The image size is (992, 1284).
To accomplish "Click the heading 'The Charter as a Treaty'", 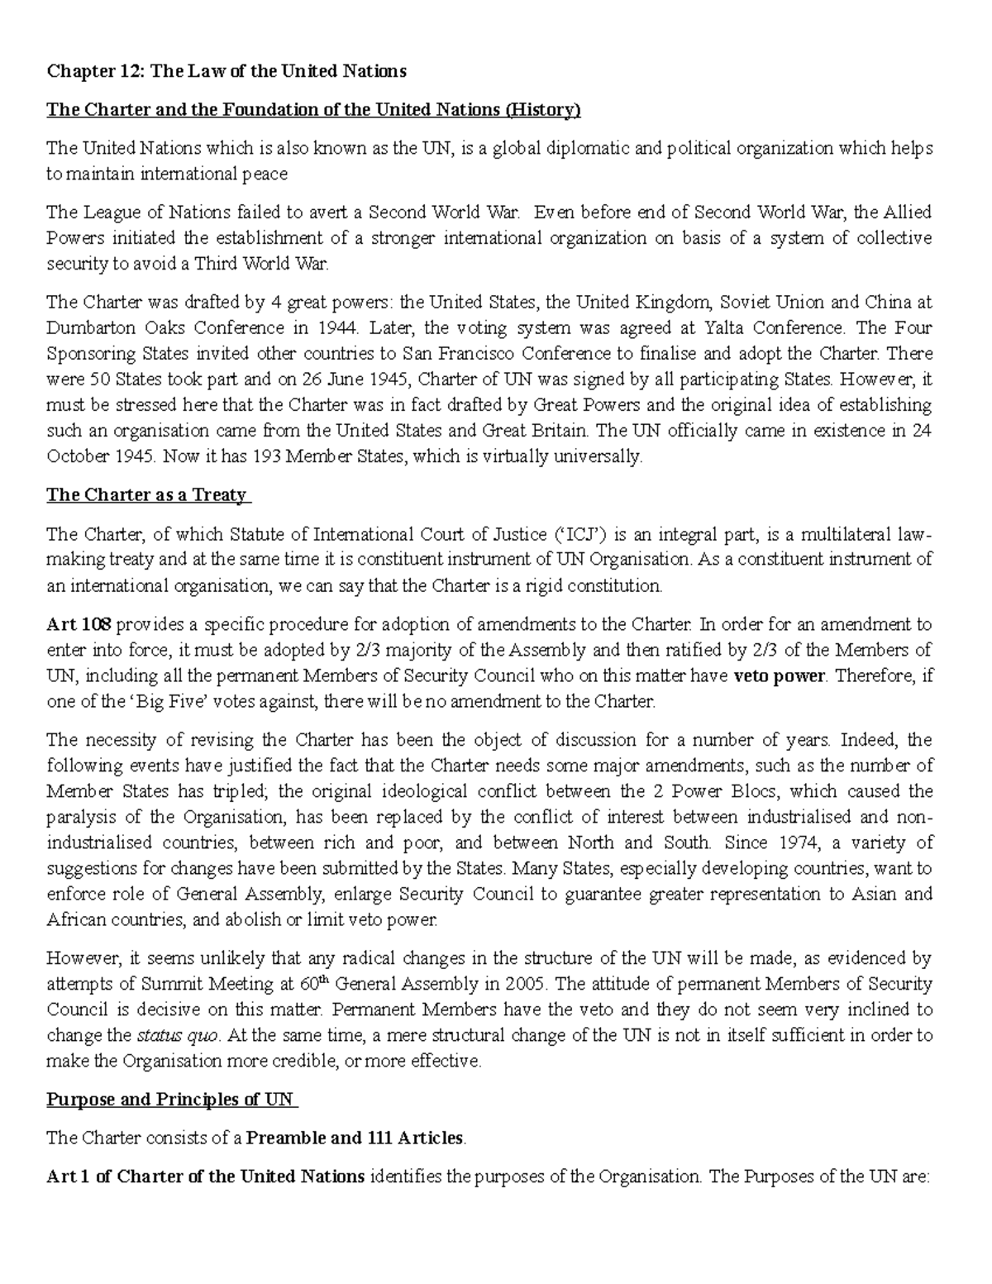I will point(147,495).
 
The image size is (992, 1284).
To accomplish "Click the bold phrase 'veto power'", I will point(780,675).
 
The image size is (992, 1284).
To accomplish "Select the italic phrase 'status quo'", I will point(166,1035).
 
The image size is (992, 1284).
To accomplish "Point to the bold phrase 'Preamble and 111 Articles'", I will point(355,1138).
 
